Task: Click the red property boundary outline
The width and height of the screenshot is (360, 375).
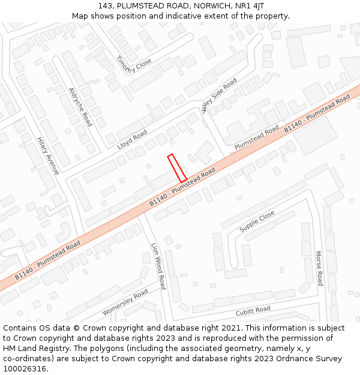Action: pos(177,168)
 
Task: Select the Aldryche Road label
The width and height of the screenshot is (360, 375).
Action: pos(80,107)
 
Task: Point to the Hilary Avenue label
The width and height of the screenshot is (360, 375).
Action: pos(48,155)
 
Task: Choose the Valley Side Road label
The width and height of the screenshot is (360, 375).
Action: pos(219,95)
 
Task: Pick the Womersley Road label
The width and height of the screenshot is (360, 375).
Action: pos(125,302)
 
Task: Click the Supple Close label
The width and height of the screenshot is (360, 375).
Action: pos(257,221)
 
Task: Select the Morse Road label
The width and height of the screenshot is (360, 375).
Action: pos(319,268)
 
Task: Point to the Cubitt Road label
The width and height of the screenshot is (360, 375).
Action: pos(253,310)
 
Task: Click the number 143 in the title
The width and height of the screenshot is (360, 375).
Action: pos(105,6)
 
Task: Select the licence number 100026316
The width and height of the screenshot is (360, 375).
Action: pos(24,368)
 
